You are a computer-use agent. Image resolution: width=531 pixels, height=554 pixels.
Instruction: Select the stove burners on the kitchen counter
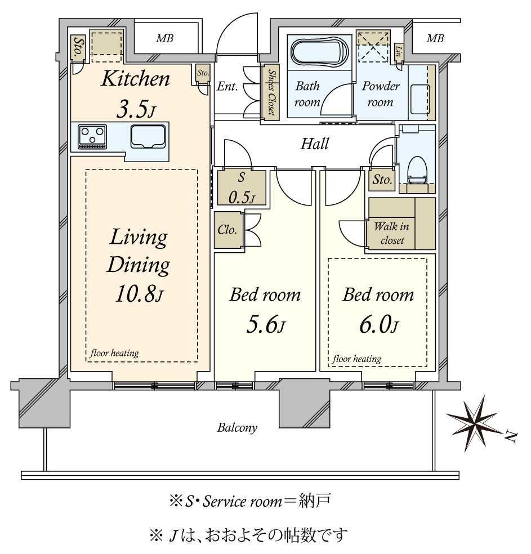coord(92,137)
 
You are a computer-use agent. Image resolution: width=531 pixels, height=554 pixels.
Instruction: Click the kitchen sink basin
coord(148,136)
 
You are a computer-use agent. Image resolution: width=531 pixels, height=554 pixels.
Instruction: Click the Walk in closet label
coord(392,233)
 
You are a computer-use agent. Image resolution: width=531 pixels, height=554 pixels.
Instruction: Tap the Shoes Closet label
coord(271,92)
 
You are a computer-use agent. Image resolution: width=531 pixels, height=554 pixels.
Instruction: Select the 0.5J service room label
coord(242,198)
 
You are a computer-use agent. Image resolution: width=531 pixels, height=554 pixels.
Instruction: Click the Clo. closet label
coord(227,230)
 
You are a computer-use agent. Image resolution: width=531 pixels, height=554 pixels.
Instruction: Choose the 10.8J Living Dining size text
coord(139,294)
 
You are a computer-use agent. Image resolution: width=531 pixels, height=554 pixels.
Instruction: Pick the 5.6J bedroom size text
coord(265,325)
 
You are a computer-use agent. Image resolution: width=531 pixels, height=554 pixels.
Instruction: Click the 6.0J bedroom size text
coord(379,325)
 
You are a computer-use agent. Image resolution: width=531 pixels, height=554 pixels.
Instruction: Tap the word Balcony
coord(237,428)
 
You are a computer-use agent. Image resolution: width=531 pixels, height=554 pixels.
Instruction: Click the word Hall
coord(314,144)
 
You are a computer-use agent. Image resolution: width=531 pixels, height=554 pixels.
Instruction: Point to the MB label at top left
coord(164,38)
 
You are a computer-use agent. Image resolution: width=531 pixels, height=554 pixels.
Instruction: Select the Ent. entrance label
coord(227,86)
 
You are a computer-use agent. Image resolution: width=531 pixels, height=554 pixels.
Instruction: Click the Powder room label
coord(381,94)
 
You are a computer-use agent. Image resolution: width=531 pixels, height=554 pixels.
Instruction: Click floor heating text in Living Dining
coord(114,353)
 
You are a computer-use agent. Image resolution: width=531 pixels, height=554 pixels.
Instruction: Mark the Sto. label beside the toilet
coord(382,180)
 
